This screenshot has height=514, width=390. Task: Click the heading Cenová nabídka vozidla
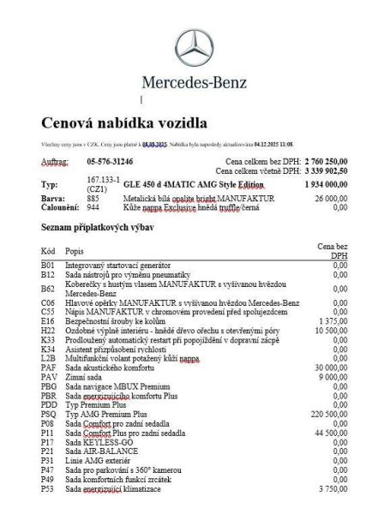click(124, 123)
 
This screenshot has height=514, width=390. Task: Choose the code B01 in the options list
click(48, 266)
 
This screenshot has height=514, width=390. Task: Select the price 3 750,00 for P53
click(333, 489)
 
